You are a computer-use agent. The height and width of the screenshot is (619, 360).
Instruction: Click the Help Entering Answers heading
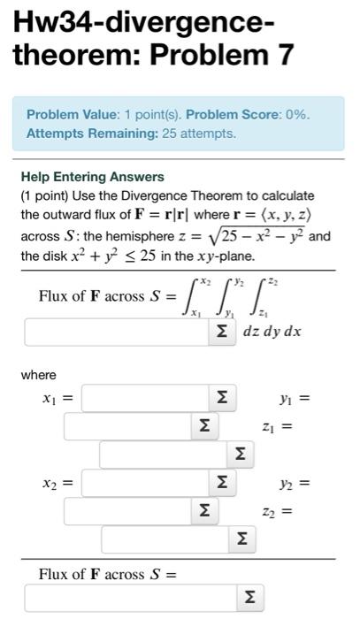pyautogui.click(x=92, y=177)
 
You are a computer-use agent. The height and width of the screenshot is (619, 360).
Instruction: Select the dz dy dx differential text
pyautogui.click(x=272, y=332)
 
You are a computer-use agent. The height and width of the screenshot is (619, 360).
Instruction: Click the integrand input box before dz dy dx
pyautogui.click(x=115, y=332)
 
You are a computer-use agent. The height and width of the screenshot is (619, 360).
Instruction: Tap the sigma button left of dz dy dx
pyautogui.click(x=221, y=332)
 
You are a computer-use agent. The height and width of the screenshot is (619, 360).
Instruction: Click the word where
pyautogui.click(x=38, y=376)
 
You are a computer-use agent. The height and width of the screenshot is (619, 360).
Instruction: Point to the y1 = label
pyautogui.click(x=298, y=400)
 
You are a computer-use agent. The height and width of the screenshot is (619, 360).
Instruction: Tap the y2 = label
pyautogui.click(x=298, y=484)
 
